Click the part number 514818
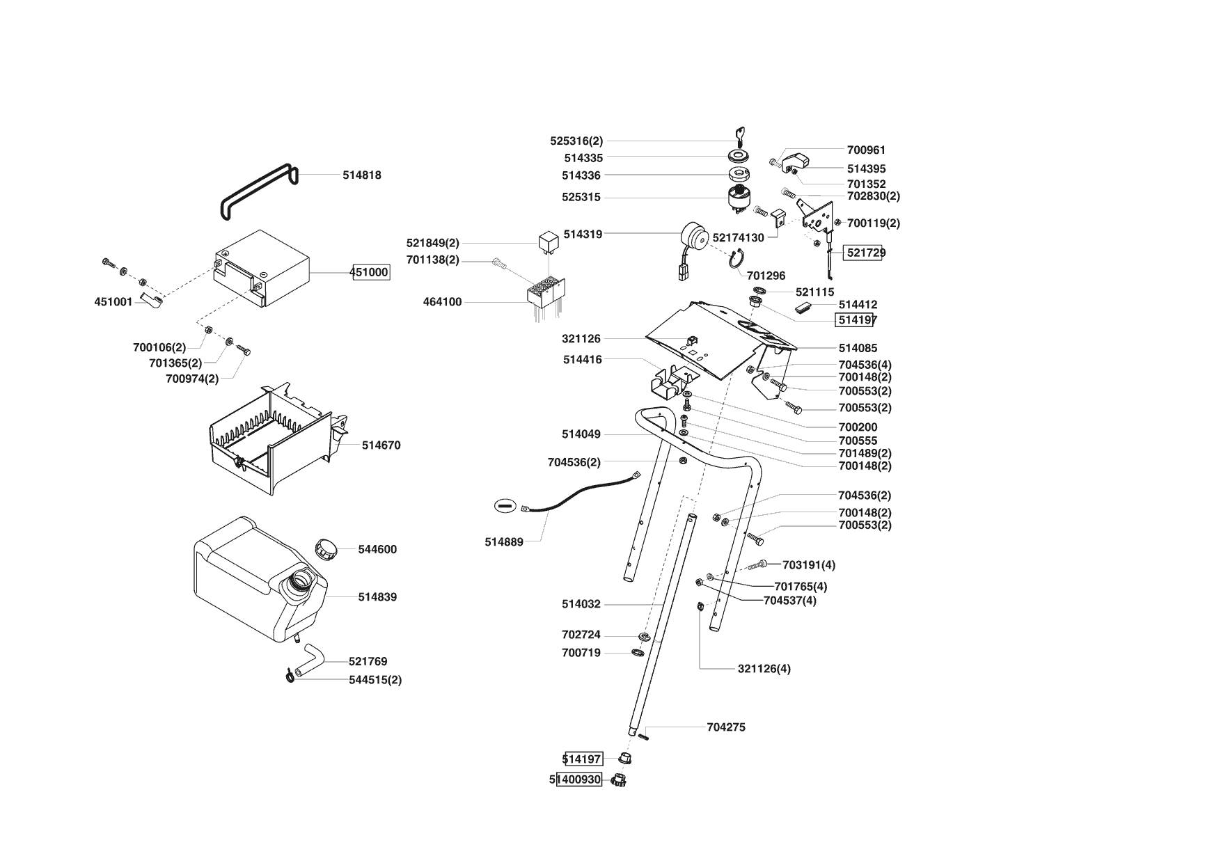361,175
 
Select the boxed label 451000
369,272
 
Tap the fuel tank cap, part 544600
326,548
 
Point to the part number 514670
381,445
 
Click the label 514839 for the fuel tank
377,597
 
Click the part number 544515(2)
375,680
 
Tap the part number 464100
442,302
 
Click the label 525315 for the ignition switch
581,198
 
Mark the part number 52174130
738,238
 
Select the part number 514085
858,348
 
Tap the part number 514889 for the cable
504,542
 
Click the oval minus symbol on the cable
506,506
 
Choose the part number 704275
725,727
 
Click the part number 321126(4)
764,669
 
